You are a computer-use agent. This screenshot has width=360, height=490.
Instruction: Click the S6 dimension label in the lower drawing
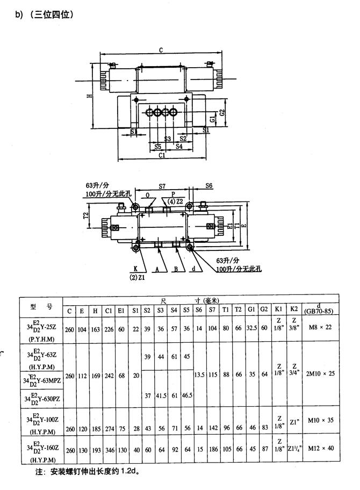[x=209, y=185]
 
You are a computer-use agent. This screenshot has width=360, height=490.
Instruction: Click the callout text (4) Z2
[x=175, y=201]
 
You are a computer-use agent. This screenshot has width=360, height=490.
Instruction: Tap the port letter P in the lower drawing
[x=173, y=193]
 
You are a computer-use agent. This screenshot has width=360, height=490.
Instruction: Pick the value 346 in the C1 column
[x=109, y=448]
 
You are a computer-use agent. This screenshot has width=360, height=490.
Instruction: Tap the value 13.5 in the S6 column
[x=199, y=376]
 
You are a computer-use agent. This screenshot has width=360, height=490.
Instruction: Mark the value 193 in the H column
[x=95, y=448]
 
